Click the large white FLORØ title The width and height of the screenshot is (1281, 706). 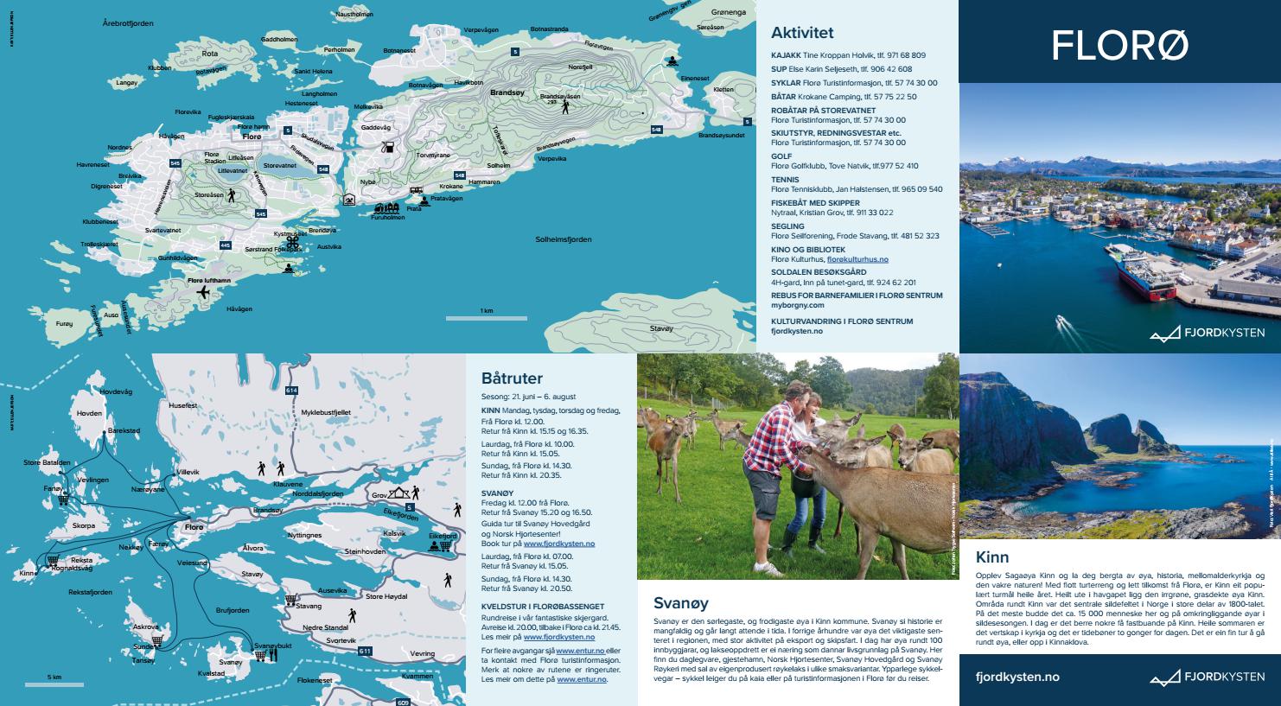[1119, 45]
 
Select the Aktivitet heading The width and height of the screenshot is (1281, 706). [802, 33]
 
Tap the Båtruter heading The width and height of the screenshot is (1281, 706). [512, 378]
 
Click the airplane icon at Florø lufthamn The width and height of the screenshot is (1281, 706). [204, 293]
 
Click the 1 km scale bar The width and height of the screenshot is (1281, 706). [487, 318]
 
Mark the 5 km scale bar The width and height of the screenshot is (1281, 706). [54, 684]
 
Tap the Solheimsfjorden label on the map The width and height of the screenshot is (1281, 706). [563, 239]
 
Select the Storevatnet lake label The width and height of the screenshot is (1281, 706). [279, 165]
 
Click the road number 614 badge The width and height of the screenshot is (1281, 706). [291, 391]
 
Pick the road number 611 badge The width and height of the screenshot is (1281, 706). [365, 651]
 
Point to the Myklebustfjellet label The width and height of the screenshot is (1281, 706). [325, 413]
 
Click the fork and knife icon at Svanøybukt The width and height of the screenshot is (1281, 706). [273, 655]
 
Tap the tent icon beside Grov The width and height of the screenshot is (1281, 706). [398, 493]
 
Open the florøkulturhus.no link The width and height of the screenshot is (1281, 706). [857, 259]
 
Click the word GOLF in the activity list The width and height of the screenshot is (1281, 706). [781, 156]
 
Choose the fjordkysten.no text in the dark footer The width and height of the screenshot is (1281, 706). [1017, 677]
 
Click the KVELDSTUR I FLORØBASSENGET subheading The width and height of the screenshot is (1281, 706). [543, 607]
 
